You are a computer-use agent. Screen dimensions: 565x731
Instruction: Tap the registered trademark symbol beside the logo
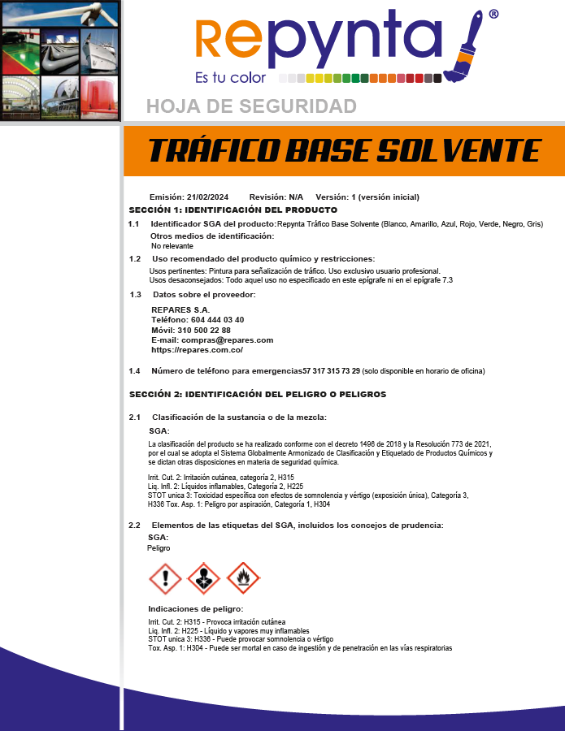click(493, 15)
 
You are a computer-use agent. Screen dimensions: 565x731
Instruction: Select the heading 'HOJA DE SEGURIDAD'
click(251, 106)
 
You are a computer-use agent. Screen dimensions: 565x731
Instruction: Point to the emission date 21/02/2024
click(207, 197)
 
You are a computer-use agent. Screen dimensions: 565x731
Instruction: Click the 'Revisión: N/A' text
click(276, 197)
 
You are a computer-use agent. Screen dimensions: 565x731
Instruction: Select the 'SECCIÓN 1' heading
click(233, 210)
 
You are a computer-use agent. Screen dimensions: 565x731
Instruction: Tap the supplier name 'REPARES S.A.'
click(180, 310)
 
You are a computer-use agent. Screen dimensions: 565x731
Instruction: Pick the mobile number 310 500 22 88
click(203, 331)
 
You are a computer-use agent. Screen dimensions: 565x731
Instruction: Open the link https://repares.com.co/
click(197, 350)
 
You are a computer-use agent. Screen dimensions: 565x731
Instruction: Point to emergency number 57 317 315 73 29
click(331, 371)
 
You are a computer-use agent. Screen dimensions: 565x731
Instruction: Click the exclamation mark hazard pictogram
click(165, 578)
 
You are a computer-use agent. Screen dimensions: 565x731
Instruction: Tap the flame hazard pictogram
click(242, 578)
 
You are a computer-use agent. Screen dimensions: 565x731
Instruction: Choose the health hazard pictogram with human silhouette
click(203, 578)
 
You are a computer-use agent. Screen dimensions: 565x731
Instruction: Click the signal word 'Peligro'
click(159, 548)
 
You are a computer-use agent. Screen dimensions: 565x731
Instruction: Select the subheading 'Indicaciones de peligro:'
click(195, 608)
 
